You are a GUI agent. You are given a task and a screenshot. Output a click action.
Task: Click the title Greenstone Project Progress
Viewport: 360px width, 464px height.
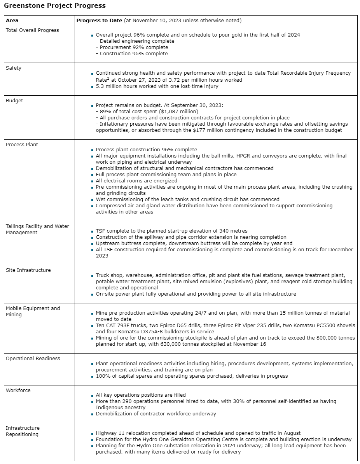pos(55,6)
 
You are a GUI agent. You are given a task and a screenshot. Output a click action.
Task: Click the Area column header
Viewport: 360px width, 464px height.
pos(12,20)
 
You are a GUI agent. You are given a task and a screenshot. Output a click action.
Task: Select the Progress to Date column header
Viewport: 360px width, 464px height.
pos(99,20)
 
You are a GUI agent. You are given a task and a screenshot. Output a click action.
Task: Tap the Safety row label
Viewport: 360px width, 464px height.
pos(14,68)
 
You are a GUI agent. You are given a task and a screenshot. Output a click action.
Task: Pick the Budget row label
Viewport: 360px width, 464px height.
pos(14,100)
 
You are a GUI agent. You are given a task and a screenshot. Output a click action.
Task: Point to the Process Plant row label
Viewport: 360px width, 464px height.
pos(22,144)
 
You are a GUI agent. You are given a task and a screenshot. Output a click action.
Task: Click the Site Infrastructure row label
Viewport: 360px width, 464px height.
pos(28,270)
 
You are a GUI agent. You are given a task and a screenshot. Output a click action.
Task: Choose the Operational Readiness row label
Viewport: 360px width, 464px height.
pos(33,358)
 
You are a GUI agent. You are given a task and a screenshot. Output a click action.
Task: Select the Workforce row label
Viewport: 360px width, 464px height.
pos(18,390)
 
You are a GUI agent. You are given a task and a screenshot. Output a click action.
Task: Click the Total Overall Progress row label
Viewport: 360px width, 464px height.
pos(32,30)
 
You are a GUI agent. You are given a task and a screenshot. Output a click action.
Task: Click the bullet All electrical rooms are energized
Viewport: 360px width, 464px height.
pos(136,180)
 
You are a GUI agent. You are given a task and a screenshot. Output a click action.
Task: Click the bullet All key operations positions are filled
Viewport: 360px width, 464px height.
pos(141,395)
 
